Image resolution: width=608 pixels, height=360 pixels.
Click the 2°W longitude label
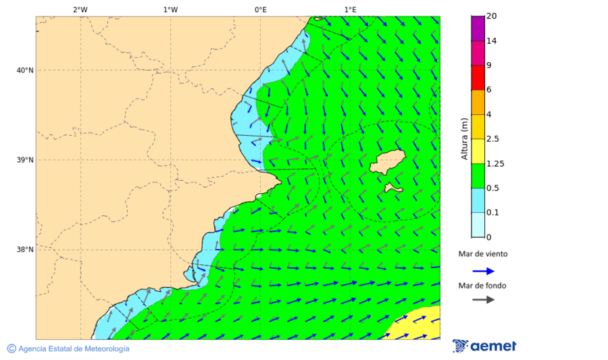[x=80, y=9]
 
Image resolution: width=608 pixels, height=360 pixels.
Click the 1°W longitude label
[x=170, y=9]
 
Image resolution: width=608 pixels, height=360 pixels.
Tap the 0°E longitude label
[x=260, y=9]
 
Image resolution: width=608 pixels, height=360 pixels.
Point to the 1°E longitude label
[x=350, y=9]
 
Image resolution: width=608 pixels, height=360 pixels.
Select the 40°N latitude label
[x=25, y=70]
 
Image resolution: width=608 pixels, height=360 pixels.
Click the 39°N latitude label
[x=25, y=160]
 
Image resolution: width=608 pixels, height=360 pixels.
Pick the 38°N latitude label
[x=25, y=250]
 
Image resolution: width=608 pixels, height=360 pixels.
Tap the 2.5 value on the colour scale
[x=492, y=139]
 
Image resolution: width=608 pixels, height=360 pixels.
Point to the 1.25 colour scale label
[x=495, y=163]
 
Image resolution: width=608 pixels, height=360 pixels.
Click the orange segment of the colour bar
[x=478, y=102]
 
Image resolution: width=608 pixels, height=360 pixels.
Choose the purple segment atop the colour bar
[x=478, y=28]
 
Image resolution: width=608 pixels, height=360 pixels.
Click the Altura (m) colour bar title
[x=464, y=138]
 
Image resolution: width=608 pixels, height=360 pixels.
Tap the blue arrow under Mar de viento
[x=483, y=271]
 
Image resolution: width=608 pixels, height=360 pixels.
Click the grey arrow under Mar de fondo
[x=483, y=300]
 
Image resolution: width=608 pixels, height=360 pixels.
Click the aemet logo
[x=484, y=346]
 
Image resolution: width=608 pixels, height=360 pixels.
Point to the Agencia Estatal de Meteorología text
[x=72, y=349]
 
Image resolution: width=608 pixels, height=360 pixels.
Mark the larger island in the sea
[x=388, y=162]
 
